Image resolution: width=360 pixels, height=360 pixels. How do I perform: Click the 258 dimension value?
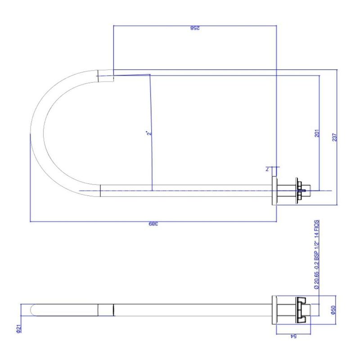[195, 28]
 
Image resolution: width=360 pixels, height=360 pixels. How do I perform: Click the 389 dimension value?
[153, 224]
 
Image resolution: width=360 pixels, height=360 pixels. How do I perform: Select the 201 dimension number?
[317, 133]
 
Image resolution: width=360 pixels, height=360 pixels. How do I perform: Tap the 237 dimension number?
[334, 137]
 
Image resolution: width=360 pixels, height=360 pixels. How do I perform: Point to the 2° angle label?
[149, 133]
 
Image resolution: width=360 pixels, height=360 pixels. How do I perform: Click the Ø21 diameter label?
[18, 328]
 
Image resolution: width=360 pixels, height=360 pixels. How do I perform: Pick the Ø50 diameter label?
[333, 310]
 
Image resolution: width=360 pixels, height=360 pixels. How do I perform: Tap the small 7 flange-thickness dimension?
[267, 169]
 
